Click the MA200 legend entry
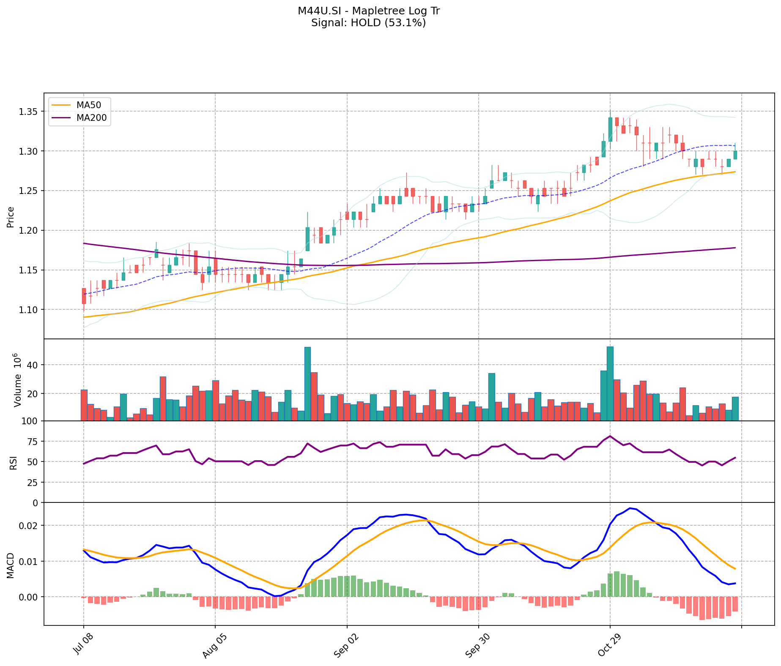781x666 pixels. click(x=91, y=118)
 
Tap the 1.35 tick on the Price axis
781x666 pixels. click(x=28, y=112)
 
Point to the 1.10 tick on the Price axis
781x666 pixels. click(x=28, y=310)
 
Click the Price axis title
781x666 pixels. click(x=11, y=217)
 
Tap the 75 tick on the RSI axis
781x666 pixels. click(x=32, y=442)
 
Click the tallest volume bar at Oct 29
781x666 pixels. click(x=610, y=383)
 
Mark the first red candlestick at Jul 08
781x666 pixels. click(x=84, y=296)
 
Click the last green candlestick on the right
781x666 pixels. click(x=735, y=155)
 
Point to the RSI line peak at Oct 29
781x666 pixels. click(x=610, y=436)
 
